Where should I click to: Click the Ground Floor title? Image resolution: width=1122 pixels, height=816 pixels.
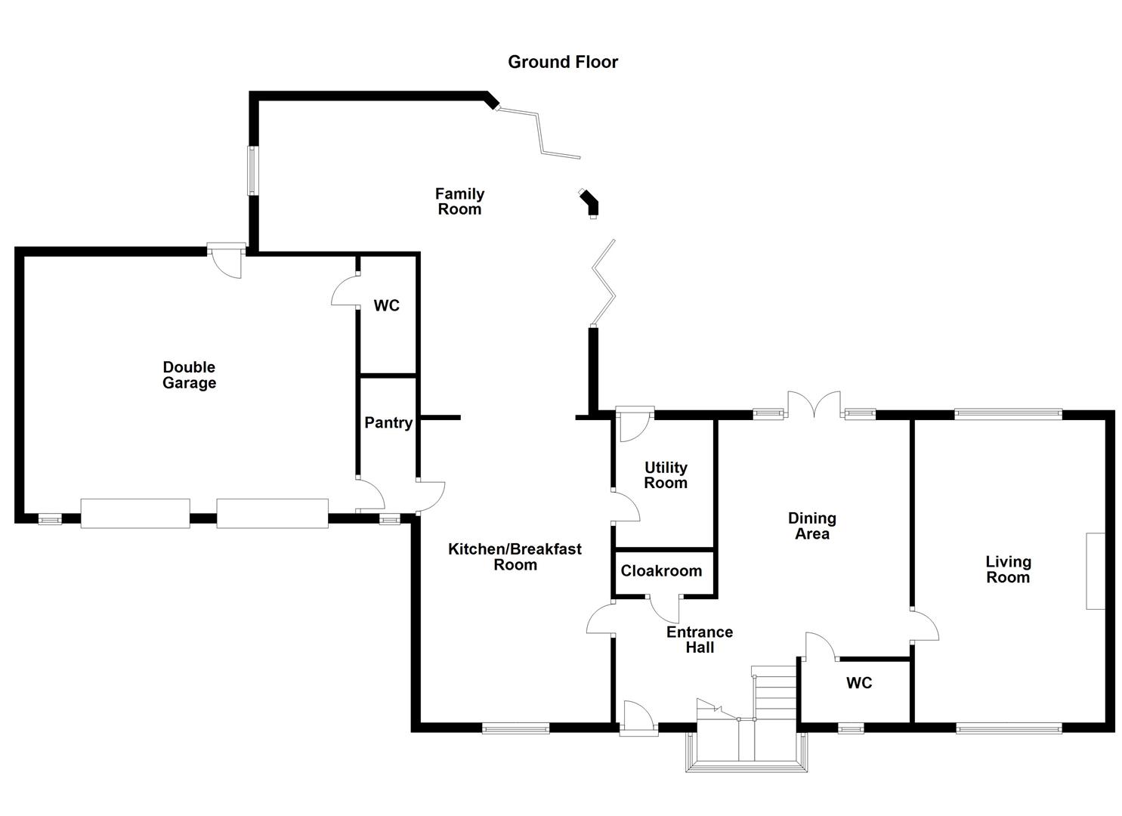(x=562, y=62)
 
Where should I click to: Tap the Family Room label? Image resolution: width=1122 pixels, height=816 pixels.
(x=459, y=202)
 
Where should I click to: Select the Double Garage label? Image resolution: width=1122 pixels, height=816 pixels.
(x=189, y=375)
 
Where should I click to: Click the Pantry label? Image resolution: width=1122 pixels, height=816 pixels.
(x=388, y=422)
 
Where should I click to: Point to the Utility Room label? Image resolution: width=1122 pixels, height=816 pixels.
(x=666, y=475)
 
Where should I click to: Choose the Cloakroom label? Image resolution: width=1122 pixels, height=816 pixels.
(x=661, y=571)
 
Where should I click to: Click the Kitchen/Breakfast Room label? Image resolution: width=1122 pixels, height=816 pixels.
(x=515, y=557)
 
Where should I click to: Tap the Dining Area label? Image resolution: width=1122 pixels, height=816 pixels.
(x=811, y=526)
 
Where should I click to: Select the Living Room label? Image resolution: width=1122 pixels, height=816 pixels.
(x=1008, y=570)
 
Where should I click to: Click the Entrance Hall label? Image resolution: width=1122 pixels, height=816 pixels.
(x=700, y=640)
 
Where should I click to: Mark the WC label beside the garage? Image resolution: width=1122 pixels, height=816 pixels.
(x=386, y=306)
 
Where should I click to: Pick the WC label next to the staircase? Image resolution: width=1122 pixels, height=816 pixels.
(x=859, y=683)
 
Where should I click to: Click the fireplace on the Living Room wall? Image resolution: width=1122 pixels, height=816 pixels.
(x=1095, y=570)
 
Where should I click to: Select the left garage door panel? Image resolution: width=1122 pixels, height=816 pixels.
(x=135, y=513)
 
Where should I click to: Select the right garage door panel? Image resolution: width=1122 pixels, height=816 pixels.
(x=272, y=513)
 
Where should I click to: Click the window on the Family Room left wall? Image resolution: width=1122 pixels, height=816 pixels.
(x=254, y=170)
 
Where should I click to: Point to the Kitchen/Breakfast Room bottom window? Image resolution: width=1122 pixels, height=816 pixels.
(x=516, y=728)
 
